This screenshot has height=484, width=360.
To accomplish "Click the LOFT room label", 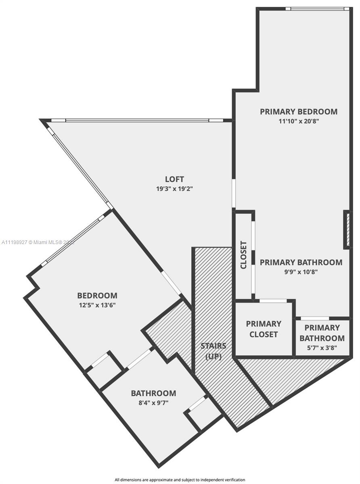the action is (174, 179).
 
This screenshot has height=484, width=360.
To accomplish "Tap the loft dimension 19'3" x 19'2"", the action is (174, 188).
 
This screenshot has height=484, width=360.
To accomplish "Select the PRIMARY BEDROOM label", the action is (299, 111).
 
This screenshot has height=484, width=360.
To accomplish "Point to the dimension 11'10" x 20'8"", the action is (299, 121).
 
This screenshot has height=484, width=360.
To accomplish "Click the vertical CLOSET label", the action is (243, 255).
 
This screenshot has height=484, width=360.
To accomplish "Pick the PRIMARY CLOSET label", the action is (264, 329).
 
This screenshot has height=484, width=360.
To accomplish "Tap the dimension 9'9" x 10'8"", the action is (301, 272).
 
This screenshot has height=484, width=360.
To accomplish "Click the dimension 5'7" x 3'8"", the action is (322, 348).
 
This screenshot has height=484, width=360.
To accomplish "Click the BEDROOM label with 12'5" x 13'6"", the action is (97, 296).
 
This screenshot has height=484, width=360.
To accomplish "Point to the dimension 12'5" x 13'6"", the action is (97, 305).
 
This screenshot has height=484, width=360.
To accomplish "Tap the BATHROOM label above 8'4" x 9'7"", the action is (153, 393).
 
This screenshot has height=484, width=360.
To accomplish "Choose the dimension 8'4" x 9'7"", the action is (153, 403).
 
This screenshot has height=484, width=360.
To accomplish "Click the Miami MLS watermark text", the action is (38, 242).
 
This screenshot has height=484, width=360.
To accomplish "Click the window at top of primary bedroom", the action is (317, 9).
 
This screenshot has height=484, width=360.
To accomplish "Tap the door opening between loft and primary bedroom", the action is (234, 193).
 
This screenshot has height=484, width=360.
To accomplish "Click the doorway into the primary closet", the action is (273, 301).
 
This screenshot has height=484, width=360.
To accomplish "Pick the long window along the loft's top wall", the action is (137, 120).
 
